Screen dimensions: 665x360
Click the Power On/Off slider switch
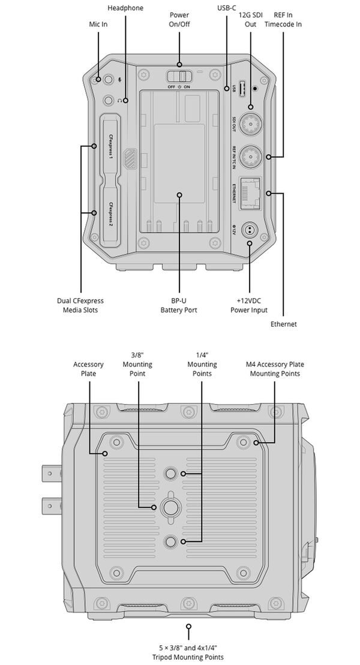(x=179, y=77)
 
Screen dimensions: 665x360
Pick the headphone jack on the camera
(x=109, y=101)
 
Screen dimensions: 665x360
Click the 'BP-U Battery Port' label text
(x=178, y=305)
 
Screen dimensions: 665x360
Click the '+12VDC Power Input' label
(x=248, y=305)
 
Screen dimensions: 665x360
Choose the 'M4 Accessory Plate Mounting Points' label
(x=275, y=369)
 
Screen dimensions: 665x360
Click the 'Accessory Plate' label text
(x=88, y=369)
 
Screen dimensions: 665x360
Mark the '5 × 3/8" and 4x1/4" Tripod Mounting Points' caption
(x=188, y=652)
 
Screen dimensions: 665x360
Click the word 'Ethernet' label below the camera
(x=283, y=324)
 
